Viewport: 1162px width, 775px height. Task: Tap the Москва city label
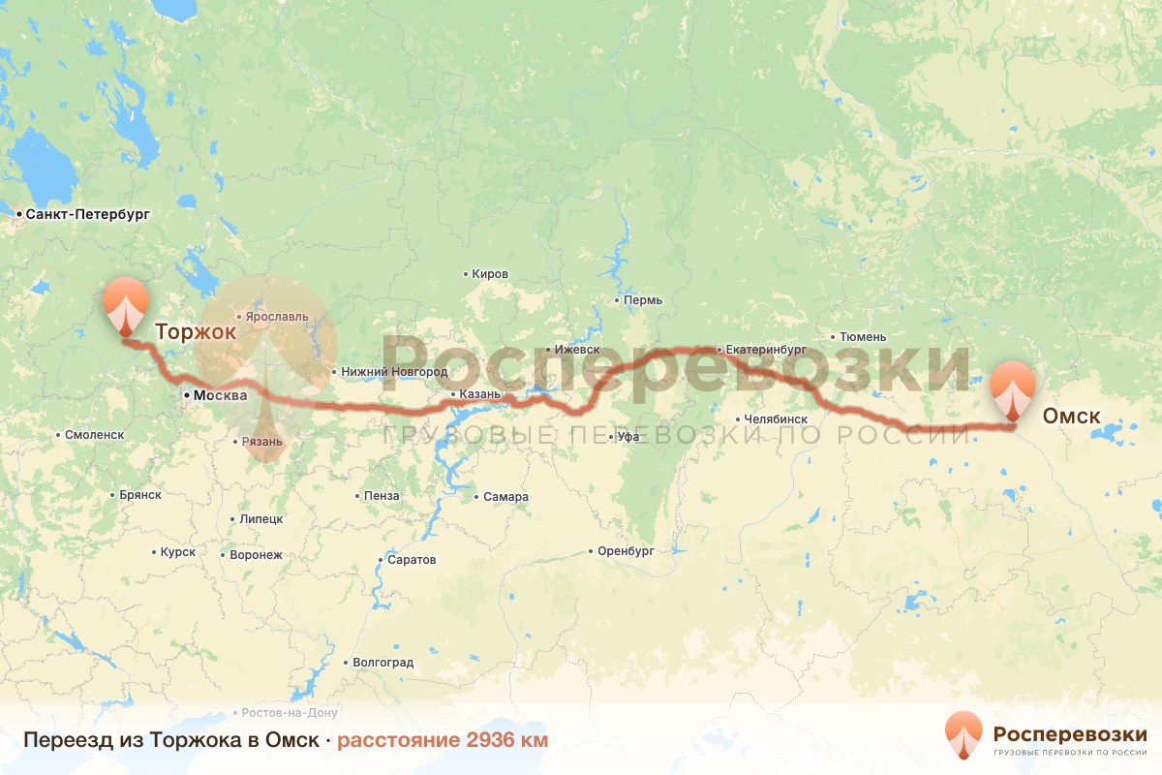pyautogui.click(x=220, y=395)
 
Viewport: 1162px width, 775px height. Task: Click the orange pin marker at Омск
pyautogui.click(x=1013, y=389)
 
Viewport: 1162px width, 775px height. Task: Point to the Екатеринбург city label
pyautogui.click(x=765, y=349)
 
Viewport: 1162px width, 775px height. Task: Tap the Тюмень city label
pyautogui.click(x=863, y=337)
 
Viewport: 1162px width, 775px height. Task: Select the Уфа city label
pyautogui.click(x=628, y=437)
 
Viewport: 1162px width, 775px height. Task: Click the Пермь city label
pyautogui.click(x=643, y=300)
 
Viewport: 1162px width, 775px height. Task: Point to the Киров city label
pyautogui.click(x=490, y=274)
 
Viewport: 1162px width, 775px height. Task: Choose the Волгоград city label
pyautogui.click(x=383, y=664)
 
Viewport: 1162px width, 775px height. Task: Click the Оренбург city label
pyautogui.click(x=626, y=551)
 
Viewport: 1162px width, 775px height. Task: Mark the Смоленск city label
pyautogui.click(x=95, y=435)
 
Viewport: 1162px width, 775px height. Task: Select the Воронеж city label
pyautogui.click(x=256, y=556)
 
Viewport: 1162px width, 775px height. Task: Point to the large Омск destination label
pyautogui.click(x=1071, y=417)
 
